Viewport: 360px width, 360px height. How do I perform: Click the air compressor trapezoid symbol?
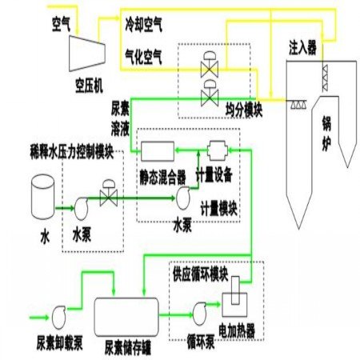coord(87,54)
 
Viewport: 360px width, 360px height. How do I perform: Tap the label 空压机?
coord(89,86)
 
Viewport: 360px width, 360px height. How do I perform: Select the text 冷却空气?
coord(143,25)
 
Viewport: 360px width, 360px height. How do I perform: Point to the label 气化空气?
coord(143,57)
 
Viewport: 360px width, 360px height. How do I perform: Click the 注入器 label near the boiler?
coord(302,47)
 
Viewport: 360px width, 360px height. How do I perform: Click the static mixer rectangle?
coord(158,151)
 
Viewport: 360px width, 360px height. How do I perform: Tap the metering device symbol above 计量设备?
coord(218,150)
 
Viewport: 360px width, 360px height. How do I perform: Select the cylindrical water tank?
coord(42,197)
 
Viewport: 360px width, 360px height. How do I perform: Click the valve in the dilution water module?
coord(109,193)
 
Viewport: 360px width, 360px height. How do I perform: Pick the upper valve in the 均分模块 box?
coord(210,64)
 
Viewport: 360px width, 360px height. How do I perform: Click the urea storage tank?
coord(126,317)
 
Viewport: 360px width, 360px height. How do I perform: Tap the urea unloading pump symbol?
coord(58,318)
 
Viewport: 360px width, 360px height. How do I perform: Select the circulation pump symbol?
coord(199,314)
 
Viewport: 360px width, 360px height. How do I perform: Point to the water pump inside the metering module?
coord(183,198)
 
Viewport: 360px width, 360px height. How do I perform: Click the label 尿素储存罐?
coord(128,347)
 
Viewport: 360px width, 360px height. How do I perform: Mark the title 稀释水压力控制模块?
coord(72,152)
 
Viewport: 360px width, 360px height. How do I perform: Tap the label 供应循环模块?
coord(201,274)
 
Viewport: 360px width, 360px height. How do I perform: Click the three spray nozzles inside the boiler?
coord(298,105)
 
